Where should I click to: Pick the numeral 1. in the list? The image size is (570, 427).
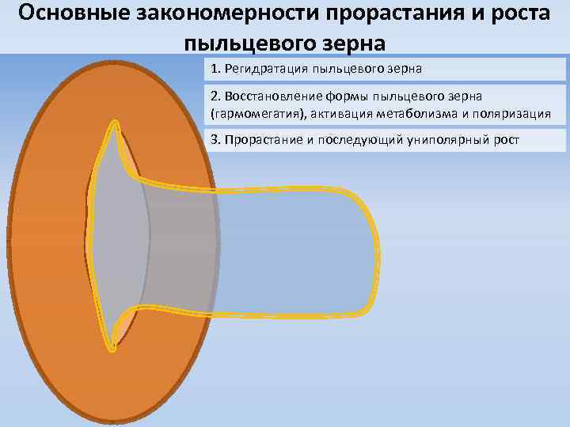tap(216, 69)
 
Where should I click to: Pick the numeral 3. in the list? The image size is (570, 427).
tap(216, 140)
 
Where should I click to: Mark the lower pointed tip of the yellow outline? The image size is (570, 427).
tap(113, 347)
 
